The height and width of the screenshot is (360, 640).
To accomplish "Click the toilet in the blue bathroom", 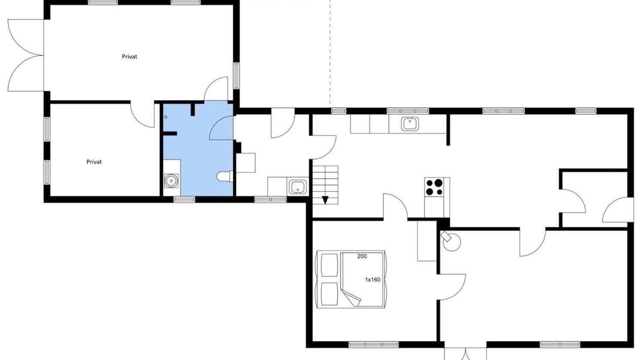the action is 225,176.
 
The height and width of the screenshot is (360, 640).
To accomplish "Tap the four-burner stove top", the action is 434,187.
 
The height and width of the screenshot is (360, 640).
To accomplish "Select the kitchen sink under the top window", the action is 409,123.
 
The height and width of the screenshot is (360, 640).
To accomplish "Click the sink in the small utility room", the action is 298,187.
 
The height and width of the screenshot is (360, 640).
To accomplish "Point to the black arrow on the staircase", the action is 325,200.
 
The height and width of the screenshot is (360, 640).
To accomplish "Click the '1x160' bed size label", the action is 372,279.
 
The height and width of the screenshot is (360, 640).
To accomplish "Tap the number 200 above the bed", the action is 361,256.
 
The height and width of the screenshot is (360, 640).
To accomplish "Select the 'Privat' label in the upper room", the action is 129,56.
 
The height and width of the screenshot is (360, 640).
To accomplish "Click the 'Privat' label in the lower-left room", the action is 94,161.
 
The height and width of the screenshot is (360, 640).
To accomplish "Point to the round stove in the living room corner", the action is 451,241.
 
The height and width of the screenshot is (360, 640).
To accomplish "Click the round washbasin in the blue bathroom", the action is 171,181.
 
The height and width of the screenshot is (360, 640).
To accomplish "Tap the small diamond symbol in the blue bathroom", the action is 165,117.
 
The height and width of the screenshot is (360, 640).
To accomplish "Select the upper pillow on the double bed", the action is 329,265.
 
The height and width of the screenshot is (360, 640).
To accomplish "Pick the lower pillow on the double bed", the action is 329,294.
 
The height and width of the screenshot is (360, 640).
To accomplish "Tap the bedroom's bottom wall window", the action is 373,344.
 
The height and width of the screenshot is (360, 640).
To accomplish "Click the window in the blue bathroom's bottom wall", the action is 184,199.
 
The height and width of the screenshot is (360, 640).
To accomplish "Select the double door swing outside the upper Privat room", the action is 25,55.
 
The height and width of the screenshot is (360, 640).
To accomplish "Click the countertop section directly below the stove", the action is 434,207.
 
